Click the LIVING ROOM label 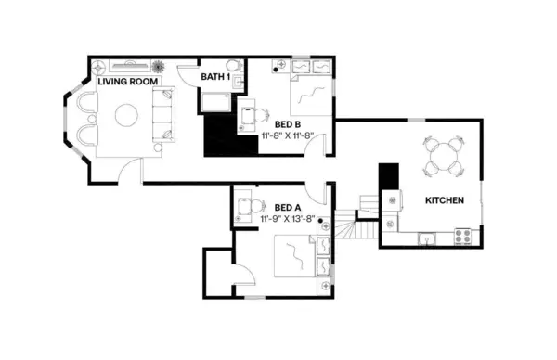[x=135, y=82]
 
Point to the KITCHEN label [x=446, y=201]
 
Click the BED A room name [x=288, y=207]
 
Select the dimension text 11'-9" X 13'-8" [x=289, y=220]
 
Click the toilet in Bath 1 [x=235, y=68]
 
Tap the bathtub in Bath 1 [x=216, y=101]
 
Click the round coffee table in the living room [x=126, y=114]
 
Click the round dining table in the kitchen [x=443, y=155]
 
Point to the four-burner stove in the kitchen [x=462, y=238]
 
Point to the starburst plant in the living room [x=158, y=68]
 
